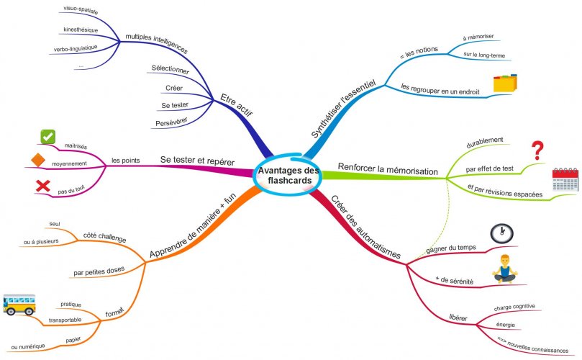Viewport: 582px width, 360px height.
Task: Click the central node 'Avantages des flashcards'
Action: click(288, 176)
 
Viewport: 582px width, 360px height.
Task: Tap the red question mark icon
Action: click(537, 150)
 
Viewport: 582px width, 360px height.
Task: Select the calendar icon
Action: click(565, 179)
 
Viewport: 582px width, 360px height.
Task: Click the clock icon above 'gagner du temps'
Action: click(502, 234)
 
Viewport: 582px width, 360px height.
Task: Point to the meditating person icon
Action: click(505, 269)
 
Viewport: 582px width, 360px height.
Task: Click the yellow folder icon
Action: click(505, 84)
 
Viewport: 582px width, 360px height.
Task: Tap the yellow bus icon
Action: click(19, 305)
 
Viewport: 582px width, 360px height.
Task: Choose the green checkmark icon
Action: click(48, 137)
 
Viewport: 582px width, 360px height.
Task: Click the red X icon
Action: click(42, 186)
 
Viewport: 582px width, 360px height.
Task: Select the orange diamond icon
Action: click(38, 160)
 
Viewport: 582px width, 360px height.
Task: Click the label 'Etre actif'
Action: click(237, 105)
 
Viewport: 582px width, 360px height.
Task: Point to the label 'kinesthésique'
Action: click(81, 30)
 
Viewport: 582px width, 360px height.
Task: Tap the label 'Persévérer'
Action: click(171, 122)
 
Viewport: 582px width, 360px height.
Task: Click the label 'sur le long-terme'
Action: click(484, 55)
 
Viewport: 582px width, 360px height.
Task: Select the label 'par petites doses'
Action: click(99, 271)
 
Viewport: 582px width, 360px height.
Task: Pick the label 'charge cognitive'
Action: click(514, 307)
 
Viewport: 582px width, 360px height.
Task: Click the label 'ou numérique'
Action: click(28, 346)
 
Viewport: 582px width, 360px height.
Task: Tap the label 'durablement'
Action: click(484, 143)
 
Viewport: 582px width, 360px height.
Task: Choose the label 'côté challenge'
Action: click(104, 237)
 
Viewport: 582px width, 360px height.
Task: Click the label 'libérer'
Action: click(458, 318)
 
